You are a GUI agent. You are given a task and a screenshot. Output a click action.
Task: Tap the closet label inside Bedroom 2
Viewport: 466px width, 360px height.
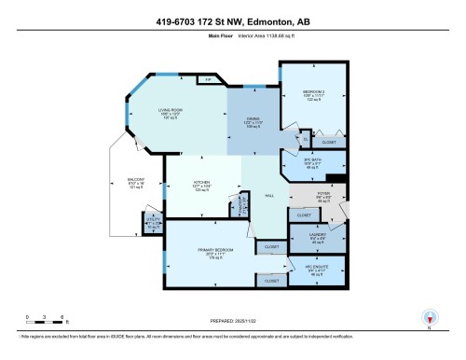point(329,143)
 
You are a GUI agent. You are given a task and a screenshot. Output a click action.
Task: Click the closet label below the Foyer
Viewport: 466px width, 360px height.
point(304,215)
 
